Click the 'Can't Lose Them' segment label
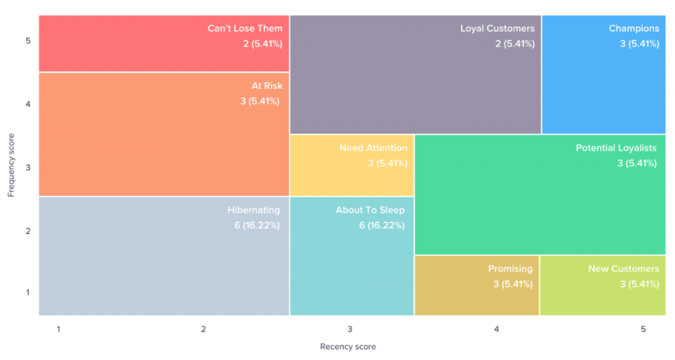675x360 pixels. pos(245,28)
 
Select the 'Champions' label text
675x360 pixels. pos(633,28)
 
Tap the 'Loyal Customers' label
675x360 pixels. pos(497,28)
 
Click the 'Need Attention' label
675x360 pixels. pos(373,148)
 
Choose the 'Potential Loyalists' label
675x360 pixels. pos(617,148)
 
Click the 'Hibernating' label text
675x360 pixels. pos(254,210)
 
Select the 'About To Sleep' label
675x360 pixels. pos(370,210)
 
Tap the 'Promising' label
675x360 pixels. pos(510,268)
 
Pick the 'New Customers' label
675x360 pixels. pos(624,268)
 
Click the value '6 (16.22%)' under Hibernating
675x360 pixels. pos(257,225)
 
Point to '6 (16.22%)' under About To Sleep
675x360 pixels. pos(382,225)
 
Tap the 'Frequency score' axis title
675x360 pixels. pos(11,165)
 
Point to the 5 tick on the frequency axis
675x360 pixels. pos(28,41)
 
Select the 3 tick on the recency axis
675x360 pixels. pos(349,328)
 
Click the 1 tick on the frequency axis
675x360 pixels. pos(28,292)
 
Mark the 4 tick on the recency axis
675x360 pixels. pos(496,328)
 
